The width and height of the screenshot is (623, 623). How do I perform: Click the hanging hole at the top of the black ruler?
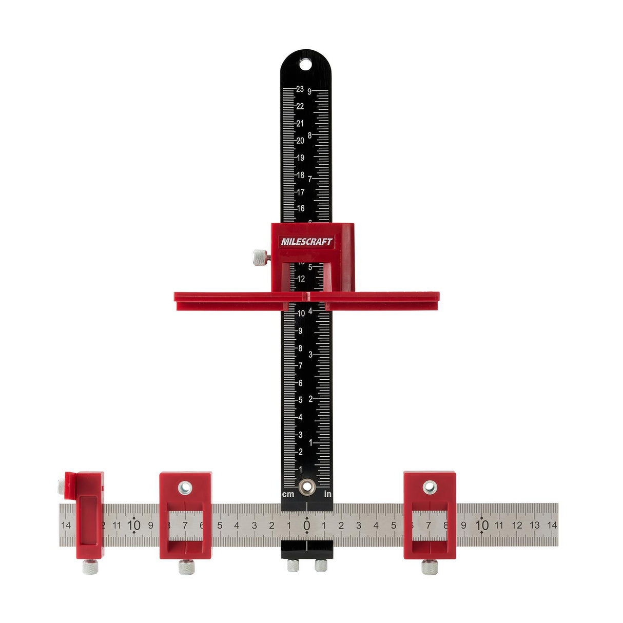click(x=305, y=64)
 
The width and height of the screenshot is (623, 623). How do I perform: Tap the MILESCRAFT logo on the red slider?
click(x=306, y=242)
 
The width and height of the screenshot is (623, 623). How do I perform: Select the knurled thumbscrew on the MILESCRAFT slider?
click(x=260, y=257)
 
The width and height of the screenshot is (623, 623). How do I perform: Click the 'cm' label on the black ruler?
click(x=288, y=494)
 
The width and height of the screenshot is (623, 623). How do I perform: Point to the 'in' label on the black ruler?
click(x=327, y=494)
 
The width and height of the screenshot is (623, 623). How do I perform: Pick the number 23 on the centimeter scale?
click(x=300, y=89)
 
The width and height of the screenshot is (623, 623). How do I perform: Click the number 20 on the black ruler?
click(x=300, y=141)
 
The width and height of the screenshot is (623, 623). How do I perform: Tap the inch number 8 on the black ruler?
click(x=309, y=135)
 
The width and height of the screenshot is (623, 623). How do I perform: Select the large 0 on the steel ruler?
click(x=306, y=525)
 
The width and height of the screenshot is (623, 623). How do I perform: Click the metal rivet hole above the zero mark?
click(x=307, y=485)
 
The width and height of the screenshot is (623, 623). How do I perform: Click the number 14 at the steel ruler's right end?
click(x=552, y=525)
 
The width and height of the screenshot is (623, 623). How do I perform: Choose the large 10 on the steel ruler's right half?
click(x=481, y=525)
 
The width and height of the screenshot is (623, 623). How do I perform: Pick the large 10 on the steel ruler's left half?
click(x=133, y=525)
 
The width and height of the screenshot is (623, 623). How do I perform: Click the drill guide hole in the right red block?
click(x=430, y=487)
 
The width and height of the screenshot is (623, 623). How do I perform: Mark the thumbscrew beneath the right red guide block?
click(x=430, y=567)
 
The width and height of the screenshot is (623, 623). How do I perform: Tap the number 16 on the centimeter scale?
click(x=300, y=208)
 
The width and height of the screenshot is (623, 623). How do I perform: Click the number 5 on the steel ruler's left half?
click(x=220, y=525)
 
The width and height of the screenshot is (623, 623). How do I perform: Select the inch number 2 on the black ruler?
click(x=310, y=399)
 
